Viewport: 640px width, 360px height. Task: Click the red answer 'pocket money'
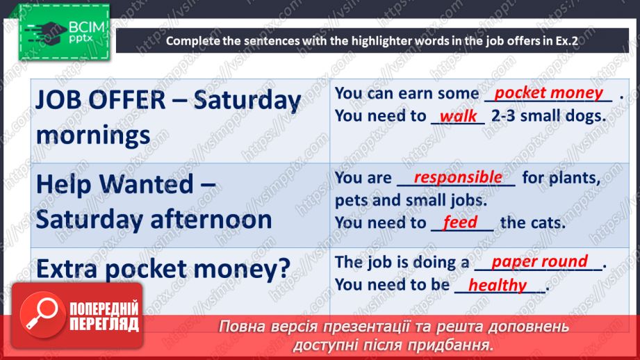pyautogui.click(x=548, y=93)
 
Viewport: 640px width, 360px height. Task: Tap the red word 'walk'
pyautogui.click(x=458, y=116)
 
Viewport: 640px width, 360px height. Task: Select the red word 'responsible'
pyautogui.click(x=458, y=177)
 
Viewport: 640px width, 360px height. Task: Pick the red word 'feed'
pyautogui.click(x=460, y=222)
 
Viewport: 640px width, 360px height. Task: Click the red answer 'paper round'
pyautogui.click(x=540, y=261)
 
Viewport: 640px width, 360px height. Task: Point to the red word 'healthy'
pyautogui.click(x=498, y=286)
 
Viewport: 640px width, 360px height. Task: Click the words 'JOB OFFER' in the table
pyautogui.click(x=100, y=100)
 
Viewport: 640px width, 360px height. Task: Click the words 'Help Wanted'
pyautogui.click(x=115, y=184)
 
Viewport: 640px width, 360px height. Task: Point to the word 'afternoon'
pyautogui.click(x=211, y=219)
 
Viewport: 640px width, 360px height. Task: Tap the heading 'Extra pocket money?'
pyautogui.click(x=163, y=270)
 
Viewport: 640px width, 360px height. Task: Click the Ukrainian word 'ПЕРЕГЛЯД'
pyautogui.click(x=104, y=324)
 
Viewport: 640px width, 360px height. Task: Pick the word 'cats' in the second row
pyautogui.click(x=548, y=223)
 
